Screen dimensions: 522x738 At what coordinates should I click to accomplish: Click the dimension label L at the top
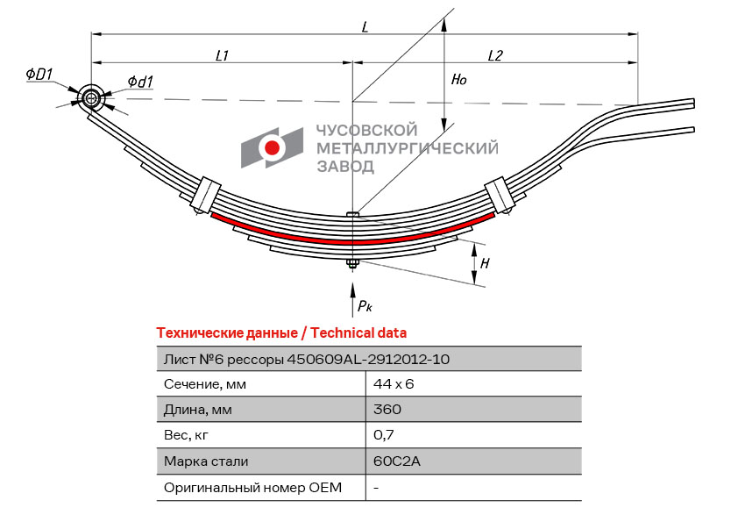365,26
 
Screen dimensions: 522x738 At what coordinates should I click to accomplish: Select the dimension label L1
223,55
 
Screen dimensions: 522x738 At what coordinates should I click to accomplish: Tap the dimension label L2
494,55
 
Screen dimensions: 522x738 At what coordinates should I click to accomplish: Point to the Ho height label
458,80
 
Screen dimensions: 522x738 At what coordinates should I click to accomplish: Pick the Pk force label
365,306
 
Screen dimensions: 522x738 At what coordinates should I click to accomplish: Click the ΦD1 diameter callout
40,75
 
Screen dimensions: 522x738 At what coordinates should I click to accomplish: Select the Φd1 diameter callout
140,82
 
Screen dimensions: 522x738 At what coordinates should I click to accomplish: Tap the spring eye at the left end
91,98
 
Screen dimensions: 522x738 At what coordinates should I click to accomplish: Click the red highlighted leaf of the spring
351,239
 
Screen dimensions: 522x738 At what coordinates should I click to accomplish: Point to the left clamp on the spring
206,195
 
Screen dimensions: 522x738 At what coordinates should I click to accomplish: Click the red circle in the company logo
273,148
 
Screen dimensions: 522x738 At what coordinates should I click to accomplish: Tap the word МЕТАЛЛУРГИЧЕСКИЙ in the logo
406,147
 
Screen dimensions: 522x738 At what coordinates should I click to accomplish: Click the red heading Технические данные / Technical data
281,333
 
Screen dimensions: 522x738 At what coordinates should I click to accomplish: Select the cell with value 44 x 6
393,384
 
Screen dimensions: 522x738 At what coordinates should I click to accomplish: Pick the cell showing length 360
387,410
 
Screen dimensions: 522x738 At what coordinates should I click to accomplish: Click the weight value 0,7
382,435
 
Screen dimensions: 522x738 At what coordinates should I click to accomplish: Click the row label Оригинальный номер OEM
252,487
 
